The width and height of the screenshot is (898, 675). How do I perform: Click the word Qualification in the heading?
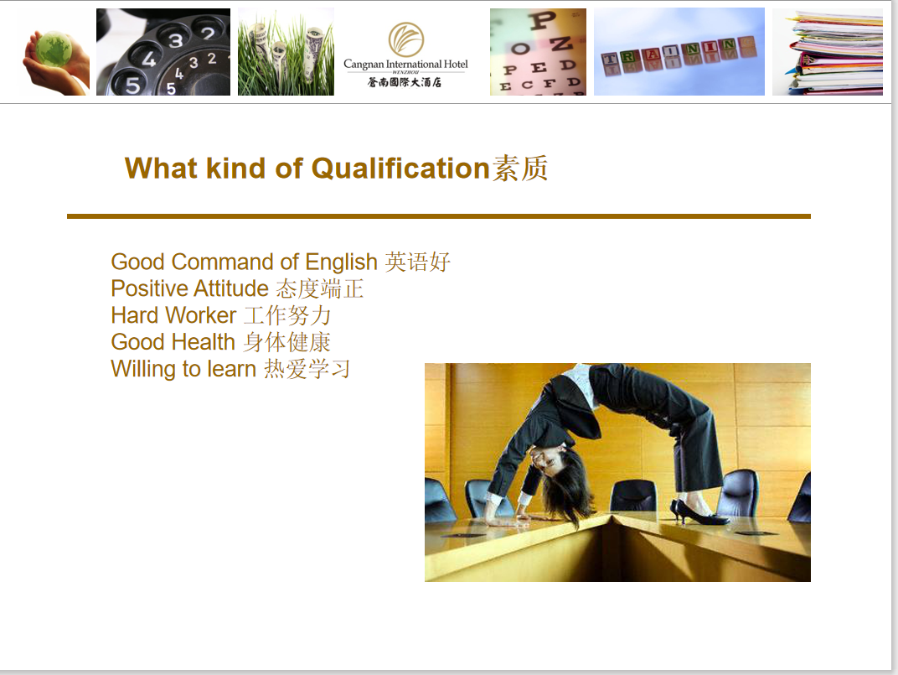[400, 169]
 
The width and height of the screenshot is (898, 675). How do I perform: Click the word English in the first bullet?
[341, 262]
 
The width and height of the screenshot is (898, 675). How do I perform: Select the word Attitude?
[231, 288]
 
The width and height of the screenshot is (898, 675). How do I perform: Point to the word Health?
[204, 342]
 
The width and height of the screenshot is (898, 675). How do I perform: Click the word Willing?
[144, 369]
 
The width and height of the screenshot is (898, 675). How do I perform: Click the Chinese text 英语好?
[417, 262]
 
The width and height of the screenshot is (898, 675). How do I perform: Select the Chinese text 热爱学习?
[307, 369]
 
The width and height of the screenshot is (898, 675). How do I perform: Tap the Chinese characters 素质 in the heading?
[520, 169]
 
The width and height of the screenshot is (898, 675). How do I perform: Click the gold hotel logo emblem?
[406, 39]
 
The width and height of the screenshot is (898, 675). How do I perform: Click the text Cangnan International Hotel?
[405, 65]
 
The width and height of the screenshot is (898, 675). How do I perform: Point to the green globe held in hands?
[54, 49]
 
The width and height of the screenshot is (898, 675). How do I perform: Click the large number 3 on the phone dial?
[176, 39]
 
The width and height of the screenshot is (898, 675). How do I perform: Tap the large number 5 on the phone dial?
[133, 85]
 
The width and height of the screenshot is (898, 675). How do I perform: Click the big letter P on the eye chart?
[542, 20]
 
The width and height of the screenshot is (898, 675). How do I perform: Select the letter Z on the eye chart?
[560, 44]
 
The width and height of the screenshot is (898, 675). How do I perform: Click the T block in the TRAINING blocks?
[611, 59]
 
